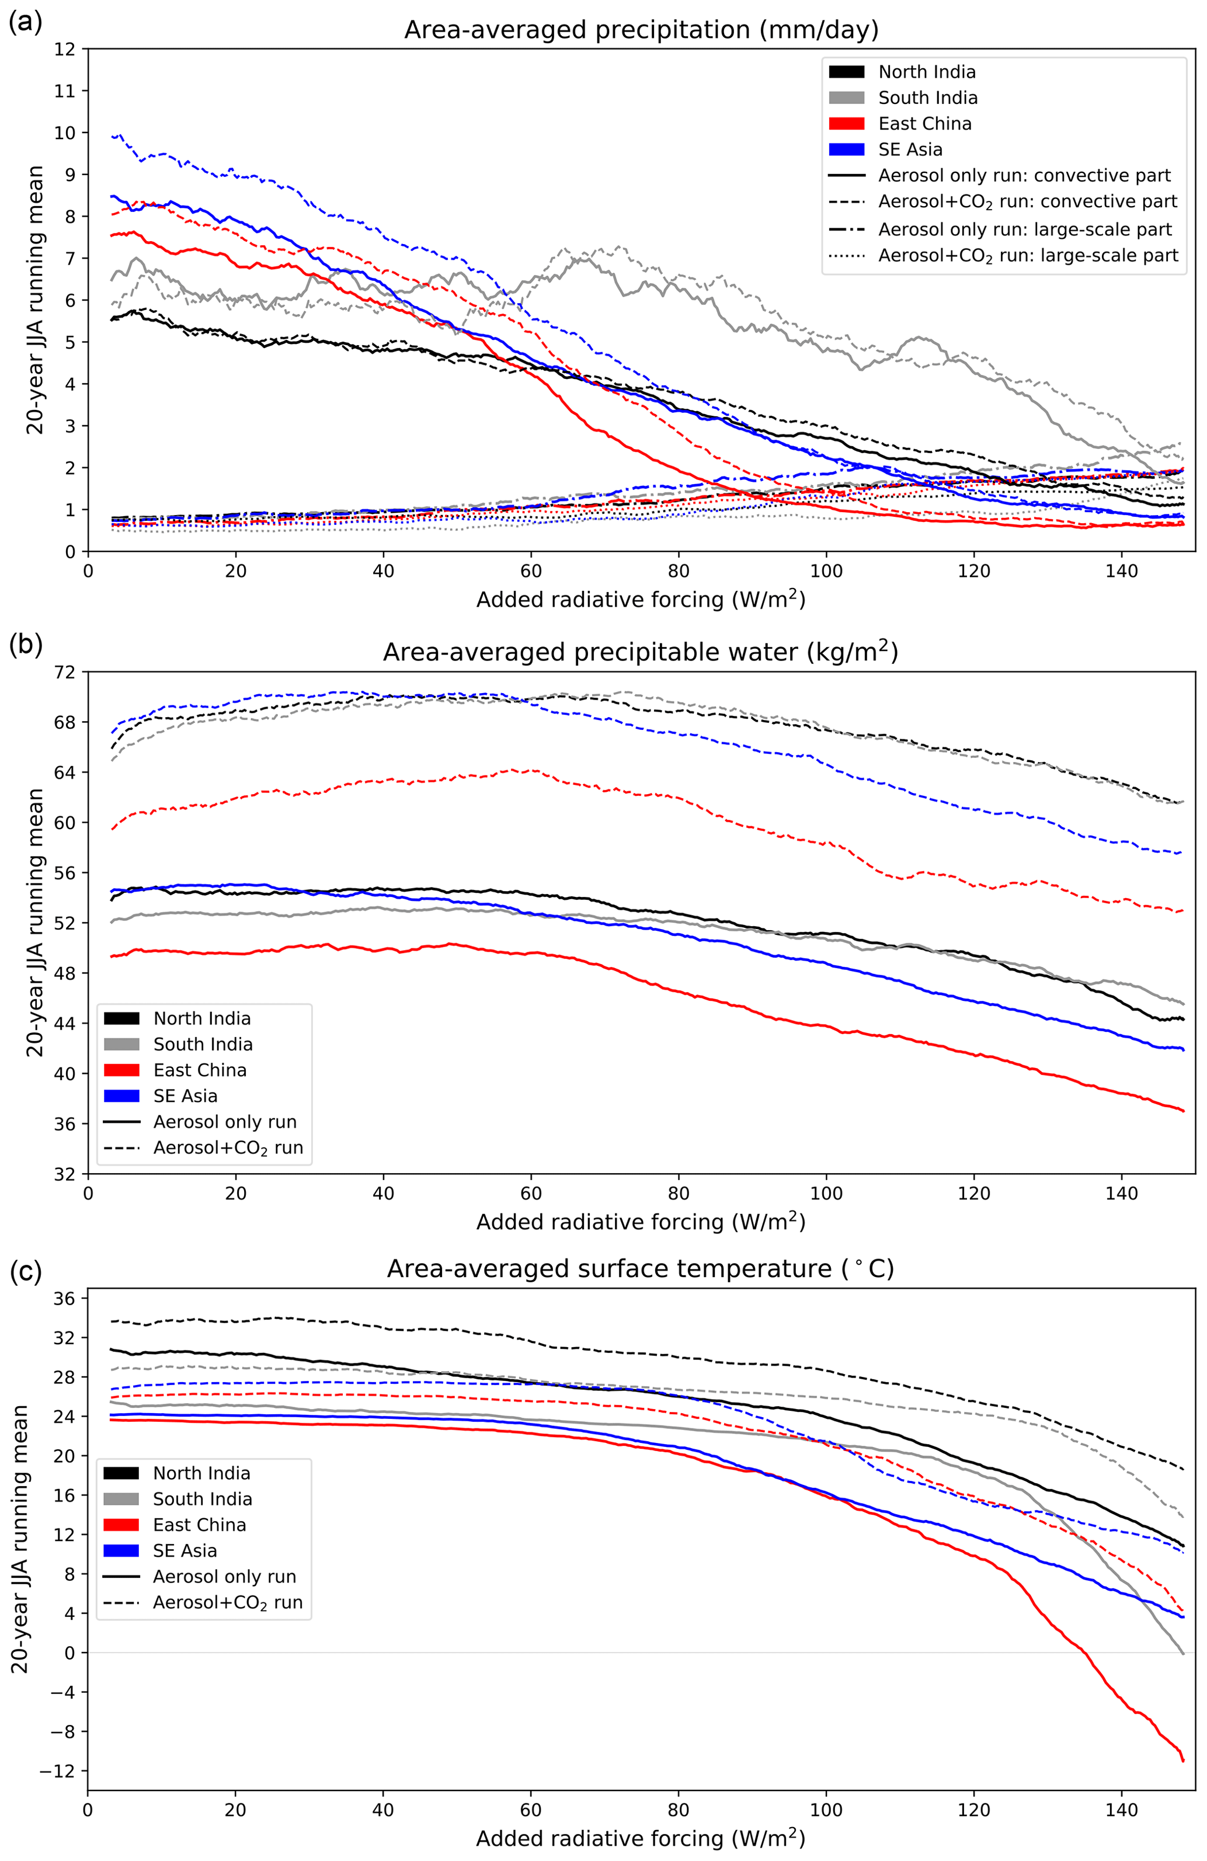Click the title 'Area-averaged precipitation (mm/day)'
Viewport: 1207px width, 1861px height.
point(641,30)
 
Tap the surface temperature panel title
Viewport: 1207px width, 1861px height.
point(640,1268)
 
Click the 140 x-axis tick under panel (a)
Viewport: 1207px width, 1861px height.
point(1122,572)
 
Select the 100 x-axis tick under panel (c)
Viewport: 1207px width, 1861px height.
point(826,1810)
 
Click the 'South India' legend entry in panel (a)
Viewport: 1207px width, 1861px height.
point(927,98)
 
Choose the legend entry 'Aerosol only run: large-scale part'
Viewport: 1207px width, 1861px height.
point(1024,229)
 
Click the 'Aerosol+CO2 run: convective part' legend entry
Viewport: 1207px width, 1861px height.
point(1027,201)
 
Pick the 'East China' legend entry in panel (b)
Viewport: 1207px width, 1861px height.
point(199,1070)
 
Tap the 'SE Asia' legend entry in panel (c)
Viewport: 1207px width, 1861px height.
point(185,1550)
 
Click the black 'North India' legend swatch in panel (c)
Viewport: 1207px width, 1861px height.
point(121,1473)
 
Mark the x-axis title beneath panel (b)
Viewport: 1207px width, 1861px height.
point(640,1222)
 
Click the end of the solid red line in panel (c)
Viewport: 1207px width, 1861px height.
point(1182,1759)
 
